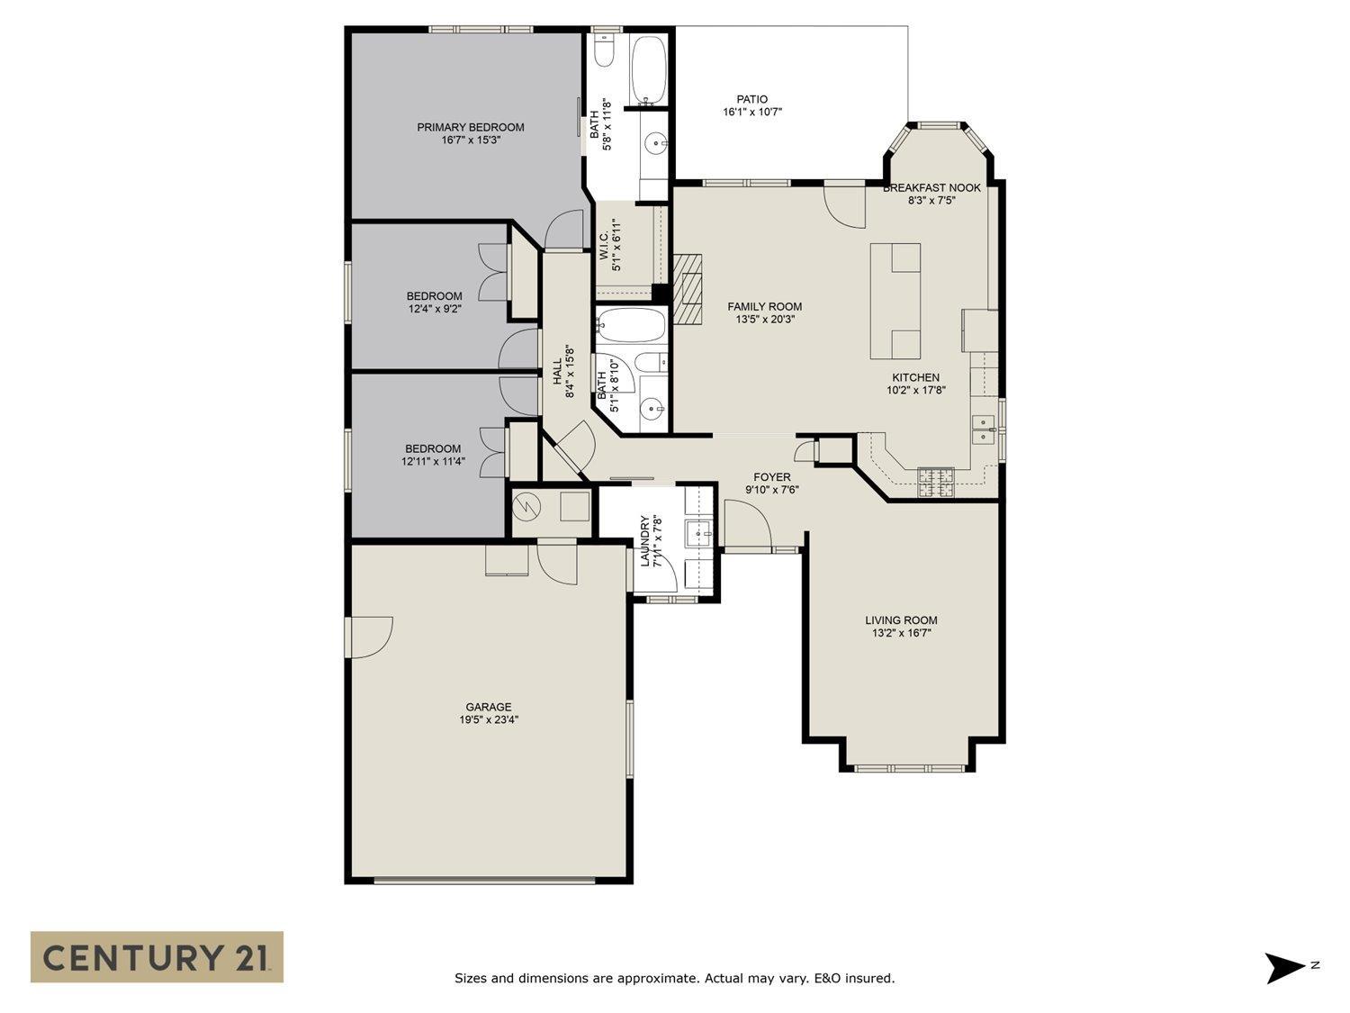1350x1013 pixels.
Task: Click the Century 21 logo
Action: [x=157, y=956]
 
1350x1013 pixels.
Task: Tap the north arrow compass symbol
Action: [x=1284, y=968]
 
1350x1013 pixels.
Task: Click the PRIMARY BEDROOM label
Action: [x=470, y=127]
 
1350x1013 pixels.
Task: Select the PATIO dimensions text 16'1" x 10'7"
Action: [x=751, y=113]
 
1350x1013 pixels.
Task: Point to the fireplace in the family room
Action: [x=688, y=287]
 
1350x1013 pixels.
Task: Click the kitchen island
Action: [x=895, y=301]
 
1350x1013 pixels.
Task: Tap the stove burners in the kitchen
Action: [x=935, y=484]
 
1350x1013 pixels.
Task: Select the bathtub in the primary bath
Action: [x=648, y=69]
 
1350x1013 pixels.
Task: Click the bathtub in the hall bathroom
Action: [x=630, y=325]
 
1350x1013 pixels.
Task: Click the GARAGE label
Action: [x=488, y=707]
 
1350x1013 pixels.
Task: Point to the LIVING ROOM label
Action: [x=901, y=620]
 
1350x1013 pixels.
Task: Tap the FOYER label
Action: [x=771, y=477]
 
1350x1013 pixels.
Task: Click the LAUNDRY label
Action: [x=644, y=542]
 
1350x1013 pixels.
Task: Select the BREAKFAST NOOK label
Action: [x=931, y=187]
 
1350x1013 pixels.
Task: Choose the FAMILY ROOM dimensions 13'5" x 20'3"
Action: [x=764, y=319]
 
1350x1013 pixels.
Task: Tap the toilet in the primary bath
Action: [x=604, y=52]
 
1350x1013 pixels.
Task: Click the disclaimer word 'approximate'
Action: [x=655, y=978]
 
